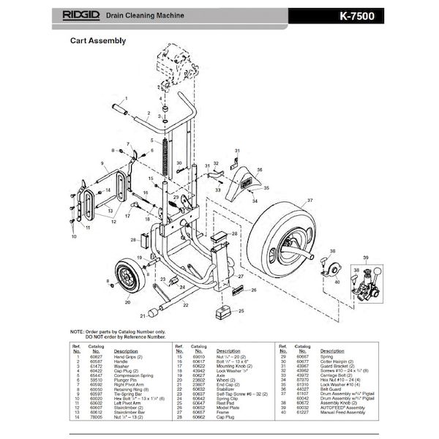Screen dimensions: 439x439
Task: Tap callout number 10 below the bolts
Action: (74, 238)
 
